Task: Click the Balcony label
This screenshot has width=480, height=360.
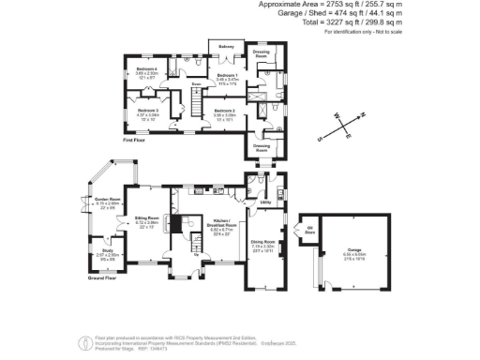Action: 226,45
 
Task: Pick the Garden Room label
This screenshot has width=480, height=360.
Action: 108,199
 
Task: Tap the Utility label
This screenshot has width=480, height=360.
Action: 265,202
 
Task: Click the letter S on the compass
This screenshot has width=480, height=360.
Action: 321,138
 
